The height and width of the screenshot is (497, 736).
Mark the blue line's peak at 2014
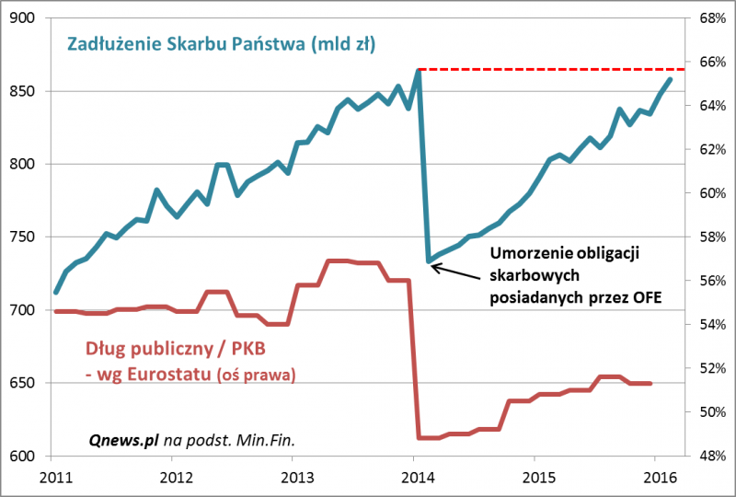[418, 70]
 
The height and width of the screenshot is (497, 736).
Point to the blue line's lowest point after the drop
[429, 261]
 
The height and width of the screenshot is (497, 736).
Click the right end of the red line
[652, 383]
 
